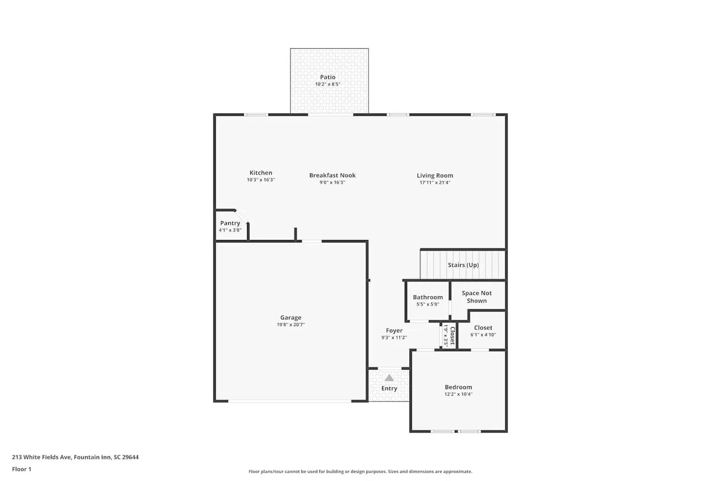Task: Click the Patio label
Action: (328, 77)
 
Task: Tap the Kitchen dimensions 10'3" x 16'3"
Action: (261, 180)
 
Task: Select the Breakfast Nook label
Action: (332, 175)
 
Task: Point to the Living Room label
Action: (435, 176)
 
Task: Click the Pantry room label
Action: (230, 223)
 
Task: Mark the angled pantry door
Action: (242, 216)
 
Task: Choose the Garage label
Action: (291, 317)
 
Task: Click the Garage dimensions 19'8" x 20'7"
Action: (291, 325)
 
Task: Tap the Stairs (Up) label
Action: (463, 265)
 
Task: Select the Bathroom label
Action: (428, 297)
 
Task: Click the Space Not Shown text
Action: (476, 297)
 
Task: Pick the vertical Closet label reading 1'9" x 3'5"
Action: (449, 335)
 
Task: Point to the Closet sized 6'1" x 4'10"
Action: (483, 331)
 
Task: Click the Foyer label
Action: (394, 330)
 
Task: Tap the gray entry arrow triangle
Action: (389, 378)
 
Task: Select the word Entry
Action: (389, 389)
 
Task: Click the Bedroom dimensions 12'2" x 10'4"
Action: (458, 394)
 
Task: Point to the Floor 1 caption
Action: (22, 469)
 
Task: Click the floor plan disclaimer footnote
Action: (360, 472)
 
